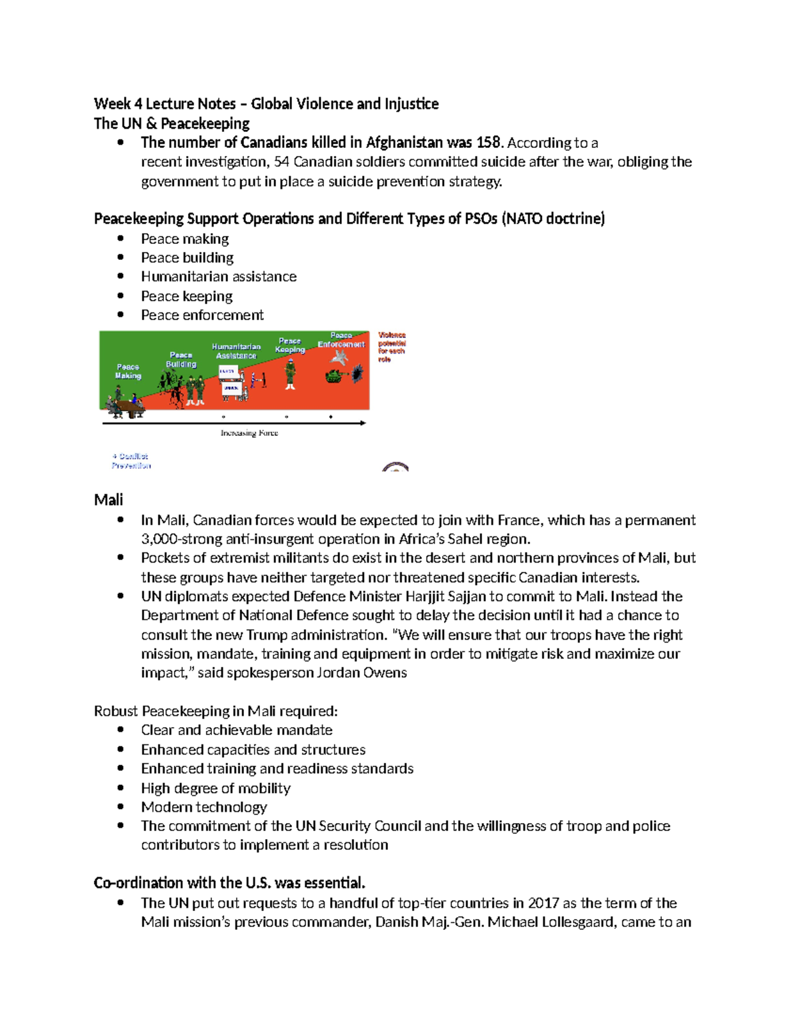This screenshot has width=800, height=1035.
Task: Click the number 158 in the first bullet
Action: (488, 143)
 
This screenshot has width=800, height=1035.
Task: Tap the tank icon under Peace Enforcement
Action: (335, 377)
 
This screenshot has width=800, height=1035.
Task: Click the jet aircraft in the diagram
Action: (339, 357)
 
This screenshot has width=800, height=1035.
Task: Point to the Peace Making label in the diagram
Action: (128, 371)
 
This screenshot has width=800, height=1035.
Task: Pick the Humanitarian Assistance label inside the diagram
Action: (236, 351)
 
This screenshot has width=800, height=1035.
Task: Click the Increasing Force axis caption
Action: (249, 433)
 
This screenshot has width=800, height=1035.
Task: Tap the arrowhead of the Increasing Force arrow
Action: (363, 423)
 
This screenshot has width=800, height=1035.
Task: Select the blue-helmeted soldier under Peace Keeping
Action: (290, 373)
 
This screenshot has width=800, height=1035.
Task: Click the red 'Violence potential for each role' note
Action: (392, 347)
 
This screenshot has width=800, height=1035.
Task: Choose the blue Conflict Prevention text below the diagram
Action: (131, 461)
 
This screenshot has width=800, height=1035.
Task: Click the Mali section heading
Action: (109, 500)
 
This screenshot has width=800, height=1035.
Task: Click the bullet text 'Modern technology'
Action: (204, 807)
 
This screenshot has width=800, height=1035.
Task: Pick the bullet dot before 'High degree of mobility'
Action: (121, 788)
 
